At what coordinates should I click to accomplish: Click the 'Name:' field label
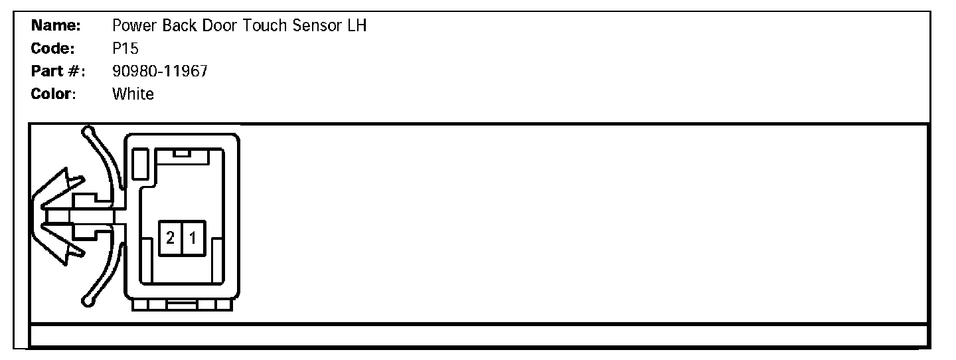click(x=56, y=27)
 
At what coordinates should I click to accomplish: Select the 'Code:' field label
click(x=53, y=49)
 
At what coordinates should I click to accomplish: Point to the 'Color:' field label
click(x=54, y=94)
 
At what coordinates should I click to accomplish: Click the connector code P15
click(x=125, y=49)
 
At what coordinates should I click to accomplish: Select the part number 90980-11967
click(x=160, y=72)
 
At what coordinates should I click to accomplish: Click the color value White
click(x=133, y=94)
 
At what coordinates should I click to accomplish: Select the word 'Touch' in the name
click(x=258, y=27)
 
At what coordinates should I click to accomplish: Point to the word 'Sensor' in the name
click(x=313, y=27)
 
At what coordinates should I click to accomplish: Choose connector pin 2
click(x=170, y=238)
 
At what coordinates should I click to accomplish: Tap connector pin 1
click(x=193, y=238)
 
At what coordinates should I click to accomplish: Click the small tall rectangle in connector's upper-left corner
click(x=139, y=164)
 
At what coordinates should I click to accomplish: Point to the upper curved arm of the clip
click(x=106, y=159)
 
